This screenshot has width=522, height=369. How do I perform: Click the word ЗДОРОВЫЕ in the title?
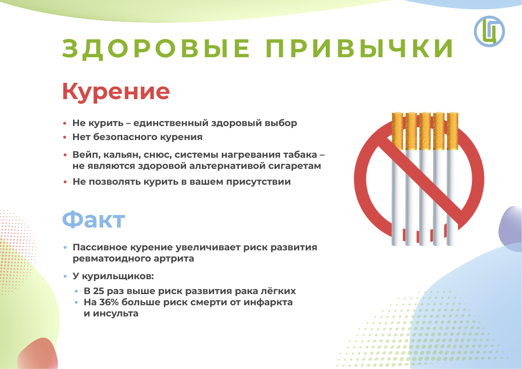[x=156, y=49]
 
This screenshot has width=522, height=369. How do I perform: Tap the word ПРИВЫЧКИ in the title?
[x=360, y=48]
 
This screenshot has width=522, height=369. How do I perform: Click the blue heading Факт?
[x=94, y=220]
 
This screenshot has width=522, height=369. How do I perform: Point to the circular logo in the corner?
[x=489, y=31]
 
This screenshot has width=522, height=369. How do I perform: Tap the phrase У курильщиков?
[x=113, y=276]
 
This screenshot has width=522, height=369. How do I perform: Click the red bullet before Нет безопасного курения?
[x=65, y=137]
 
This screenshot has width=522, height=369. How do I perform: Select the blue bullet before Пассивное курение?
[x=65, y=248]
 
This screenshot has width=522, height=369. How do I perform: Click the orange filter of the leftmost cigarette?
[x=397, y=131]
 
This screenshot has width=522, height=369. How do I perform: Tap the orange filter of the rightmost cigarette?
[x=452, y=131]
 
